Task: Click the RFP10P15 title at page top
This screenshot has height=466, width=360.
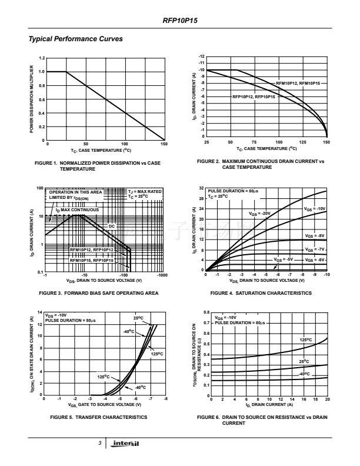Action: pyautogui.click(x=180, y=20)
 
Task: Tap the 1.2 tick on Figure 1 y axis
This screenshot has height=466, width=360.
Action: pyautogui.click(x=41, y=58)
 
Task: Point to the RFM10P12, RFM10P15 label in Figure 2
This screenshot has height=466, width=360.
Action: pyautogui.click(x=298, y=84)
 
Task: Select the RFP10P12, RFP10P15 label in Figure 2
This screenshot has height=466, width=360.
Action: pyautogui.click(x=254, y=96)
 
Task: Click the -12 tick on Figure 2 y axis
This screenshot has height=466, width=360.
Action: pyautogui.click(x=201, y=56)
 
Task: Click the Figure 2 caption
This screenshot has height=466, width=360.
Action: pyautogui.click(x=260, y=164)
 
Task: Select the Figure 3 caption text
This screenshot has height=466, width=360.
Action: pyautogui.click(x=98, y=292)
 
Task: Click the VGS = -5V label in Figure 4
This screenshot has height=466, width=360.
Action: pyautogui.click(x=284, y=259)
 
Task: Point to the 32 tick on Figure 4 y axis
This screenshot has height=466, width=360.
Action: pyautogui.click(x=201, y=188)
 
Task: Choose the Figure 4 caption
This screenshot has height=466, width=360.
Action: pyautogui.click(x=261, y=292)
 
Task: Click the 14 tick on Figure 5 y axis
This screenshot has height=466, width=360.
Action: pyautogui.click(x=41, y=312)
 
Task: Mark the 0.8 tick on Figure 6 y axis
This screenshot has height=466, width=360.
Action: pyautogui.click(x=206, y=312)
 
